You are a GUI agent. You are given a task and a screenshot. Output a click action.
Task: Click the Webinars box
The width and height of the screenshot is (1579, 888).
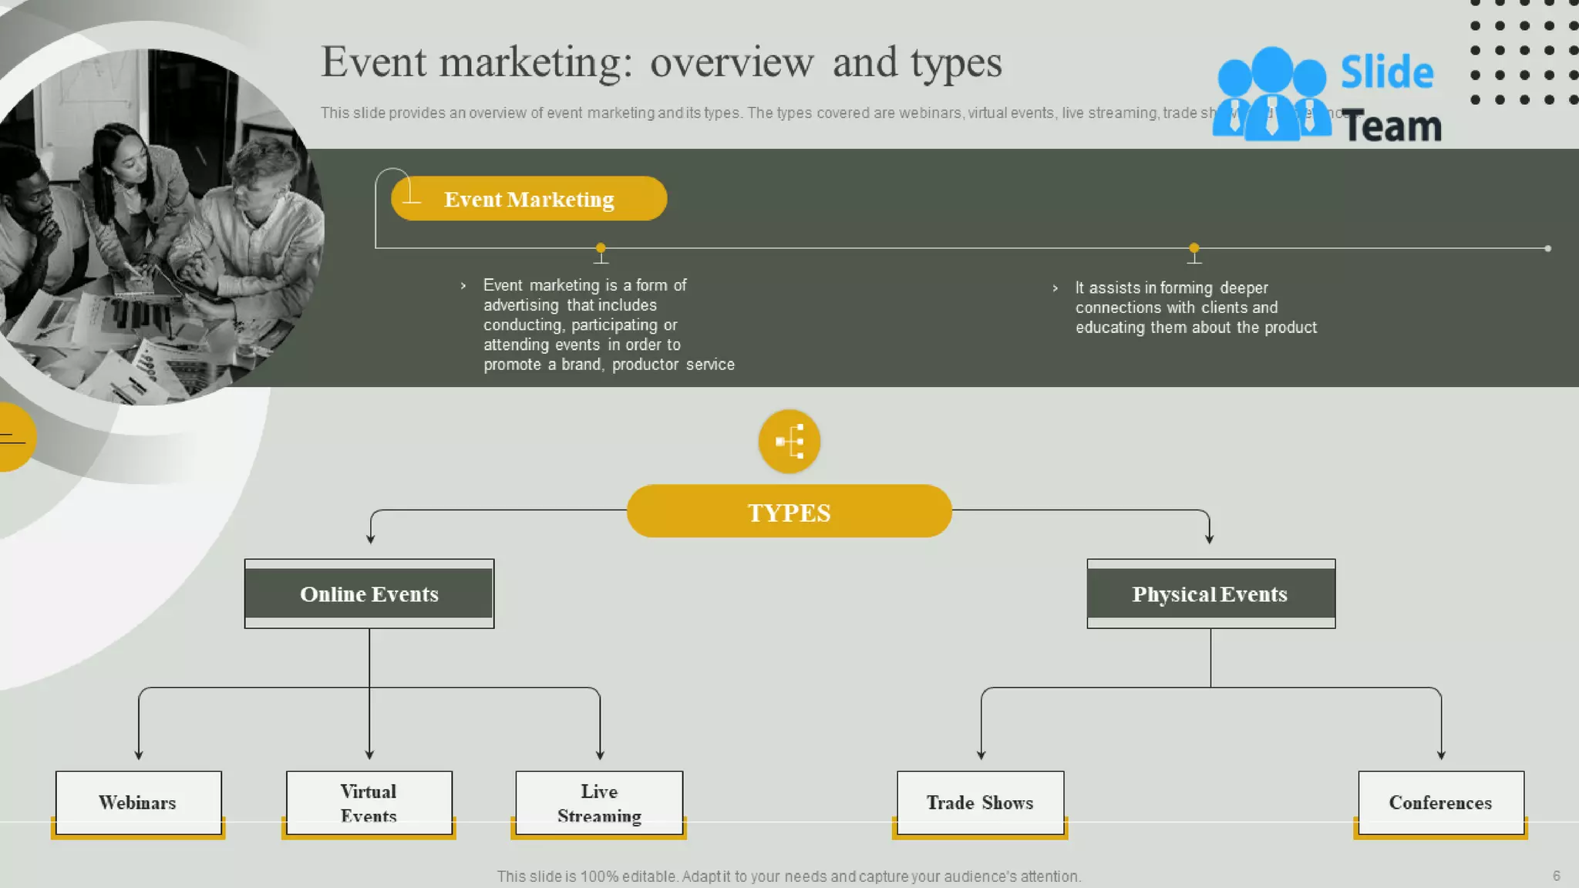(x=138, y=802)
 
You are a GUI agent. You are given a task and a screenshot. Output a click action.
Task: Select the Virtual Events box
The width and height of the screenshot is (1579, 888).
(x=369, y=802)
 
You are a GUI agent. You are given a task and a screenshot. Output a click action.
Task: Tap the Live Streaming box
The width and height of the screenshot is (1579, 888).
(x=599, y=802)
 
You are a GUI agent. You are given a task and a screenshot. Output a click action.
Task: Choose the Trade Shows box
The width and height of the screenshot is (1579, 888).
(x=980, y=802)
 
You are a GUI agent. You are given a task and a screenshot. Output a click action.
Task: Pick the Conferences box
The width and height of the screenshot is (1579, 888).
(x=1440, y=802)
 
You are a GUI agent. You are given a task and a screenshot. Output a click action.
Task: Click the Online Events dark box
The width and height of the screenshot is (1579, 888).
(x=369, y=594)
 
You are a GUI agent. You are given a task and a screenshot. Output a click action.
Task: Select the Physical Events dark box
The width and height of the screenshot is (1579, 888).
(x=1210, y=594)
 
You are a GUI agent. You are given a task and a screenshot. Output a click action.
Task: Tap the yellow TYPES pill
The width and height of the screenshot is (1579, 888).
(x=789, y=512)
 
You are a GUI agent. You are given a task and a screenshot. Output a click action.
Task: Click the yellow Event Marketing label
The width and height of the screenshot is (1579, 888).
(x=529, y=199)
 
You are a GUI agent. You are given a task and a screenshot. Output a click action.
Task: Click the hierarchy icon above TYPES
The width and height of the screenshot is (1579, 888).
(x=789, y=442)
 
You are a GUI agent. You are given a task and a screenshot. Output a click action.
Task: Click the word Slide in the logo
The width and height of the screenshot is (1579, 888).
(x=1386, y=72)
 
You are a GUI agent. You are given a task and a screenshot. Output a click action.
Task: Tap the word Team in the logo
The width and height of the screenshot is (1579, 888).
(x=1392, y=126)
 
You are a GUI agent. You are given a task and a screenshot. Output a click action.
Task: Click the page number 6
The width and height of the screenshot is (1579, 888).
(x=1556, y=876)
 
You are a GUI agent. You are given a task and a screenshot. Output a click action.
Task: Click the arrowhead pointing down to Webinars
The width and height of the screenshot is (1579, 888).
(x=139, y=755)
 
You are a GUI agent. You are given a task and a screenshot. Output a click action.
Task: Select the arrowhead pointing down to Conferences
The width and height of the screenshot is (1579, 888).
(x=1441, y=755)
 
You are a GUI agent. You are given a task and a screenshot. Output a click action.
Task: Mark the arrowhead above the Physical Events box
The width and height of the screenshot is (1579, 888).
(x=1209, y=539)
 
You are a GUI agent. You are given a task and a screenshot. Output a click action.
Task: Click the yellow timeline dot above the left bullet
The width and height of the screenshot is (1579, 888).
(x=601, y=248)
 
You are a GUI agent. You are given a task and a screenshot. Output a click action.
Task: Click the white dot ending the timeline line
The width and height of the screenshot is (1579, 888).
(x=1547, y=248)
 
